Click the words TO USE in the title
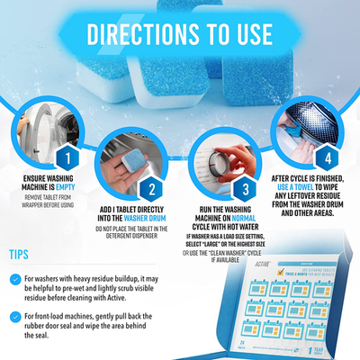238,33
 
